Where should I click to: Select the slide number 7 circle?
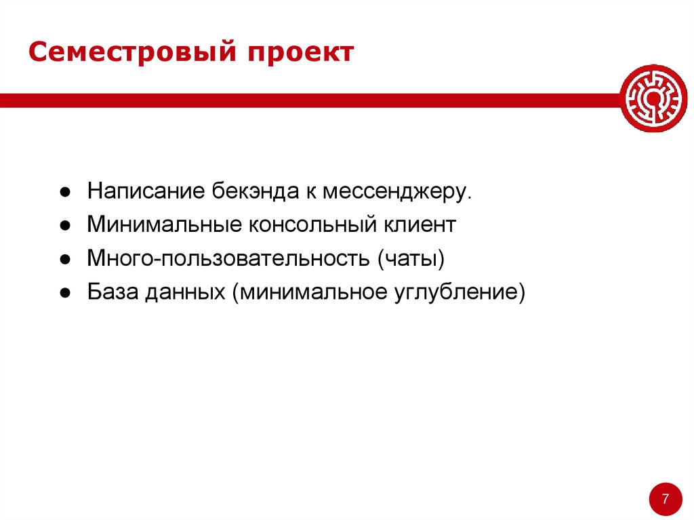pyautogui.click(x=665, y=499)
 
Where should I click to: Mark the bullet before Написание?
pyautogui.click(x=63, y=192)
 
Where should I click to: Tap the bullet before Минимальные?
pyautogui.click(x=63, y=226)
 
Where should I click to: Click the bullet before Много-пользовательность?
pyautogui.click(x=63, y=260)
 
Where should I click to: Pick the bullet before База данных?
pyautogui.click(x=63, y=294)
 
